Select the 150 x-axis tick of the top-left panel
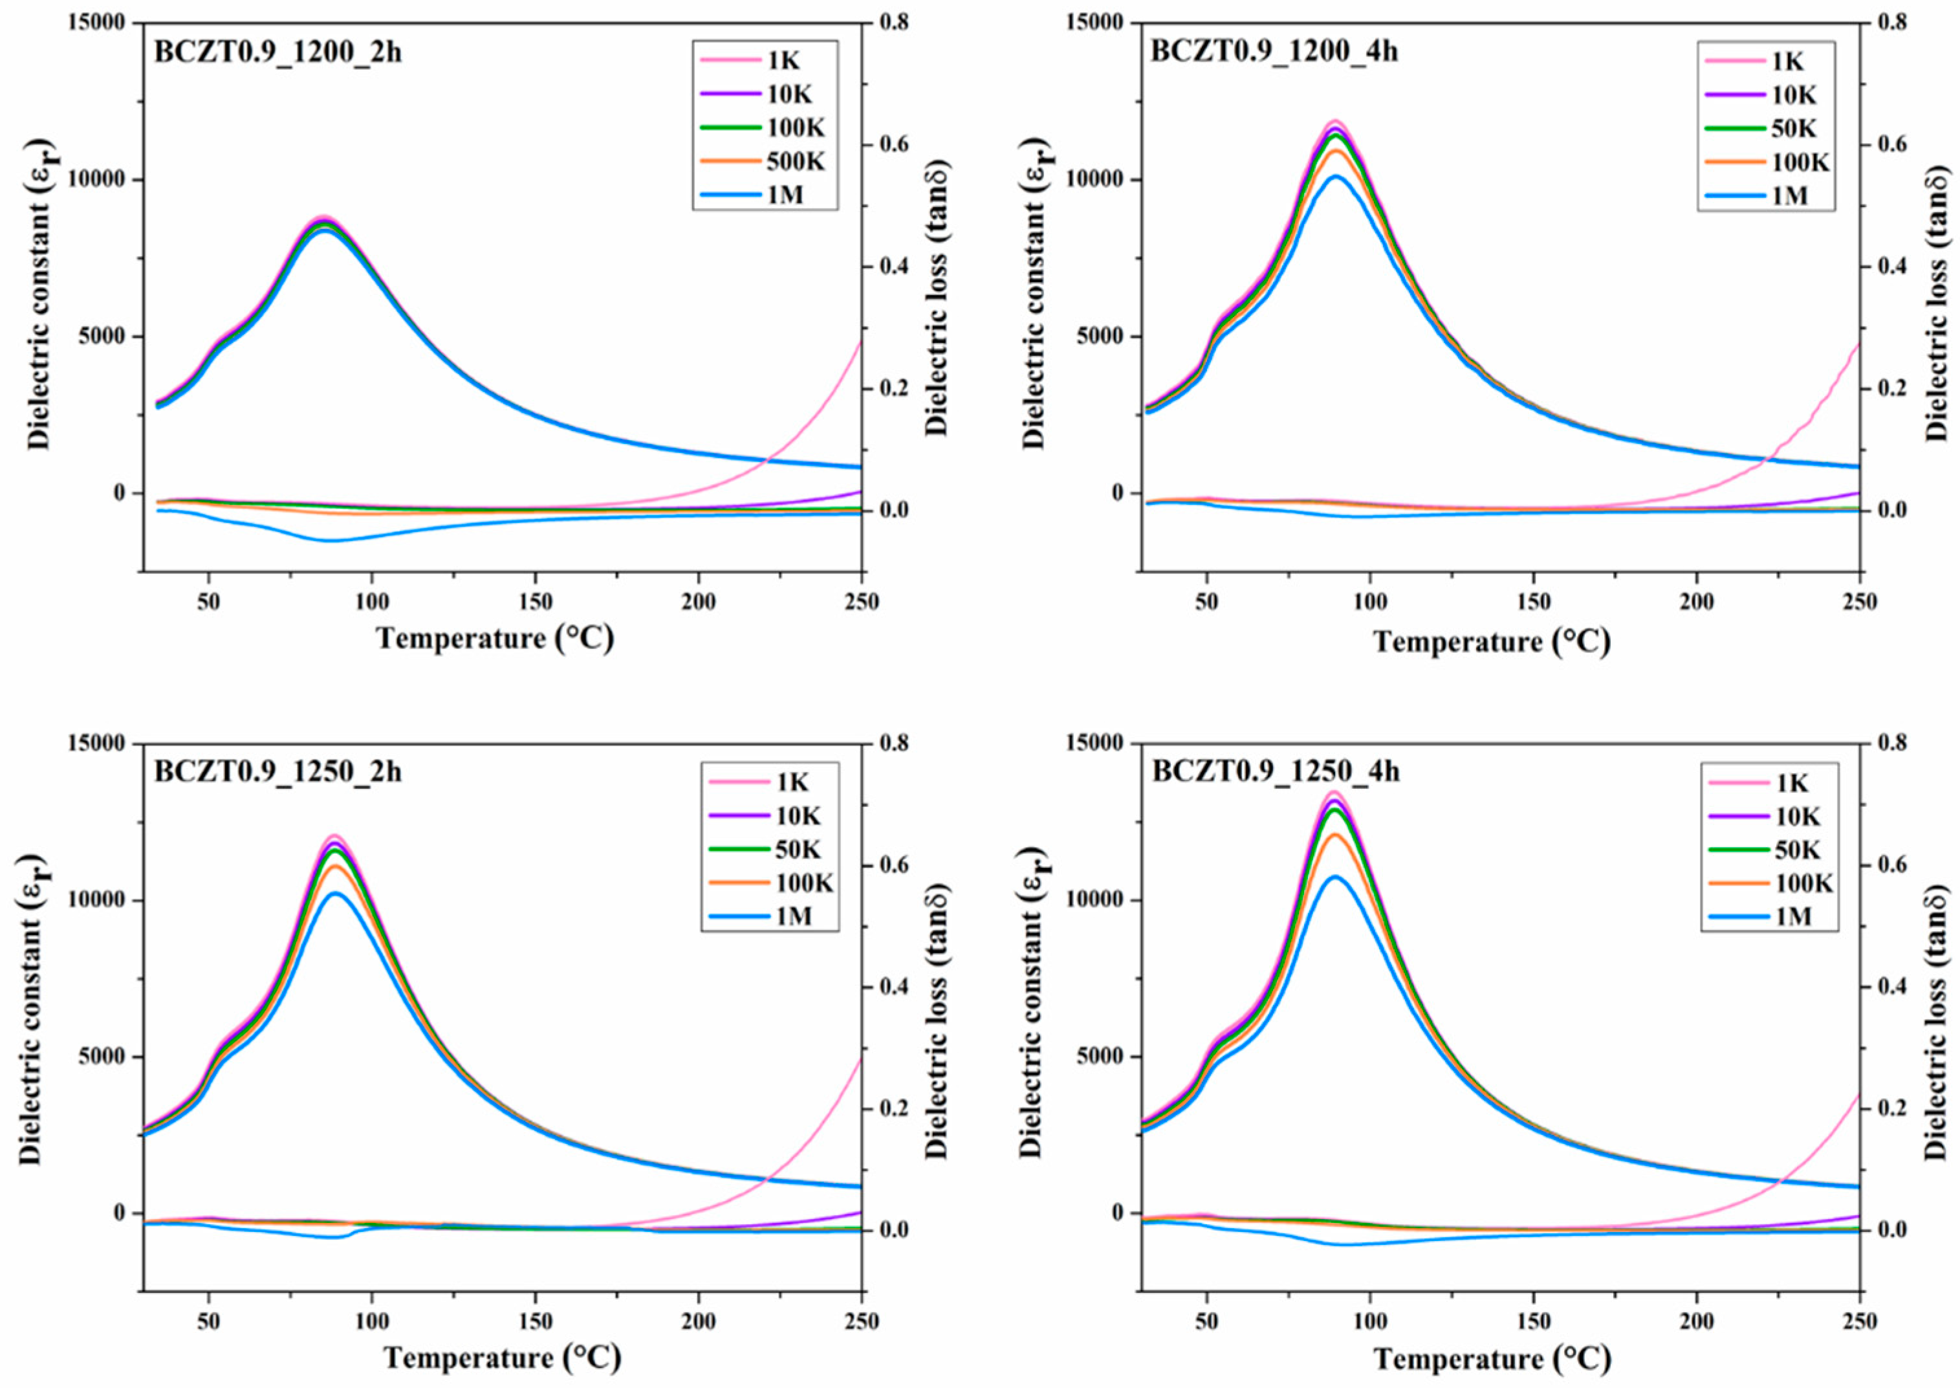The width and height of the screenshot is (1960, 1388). [535, 601]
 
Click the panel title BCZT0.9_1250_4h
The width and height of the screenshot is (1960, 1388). [1276, 772]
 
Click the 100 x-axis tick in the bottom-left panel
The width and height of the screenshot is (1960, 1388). [372, 1321]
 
